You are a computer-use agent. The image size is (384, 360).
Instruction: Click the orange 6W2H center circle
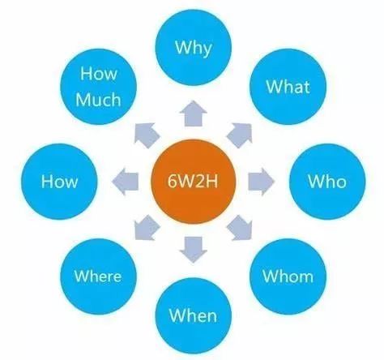pos(193,182)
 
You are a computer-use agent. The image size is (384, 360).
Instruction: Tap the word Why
pos(193,48)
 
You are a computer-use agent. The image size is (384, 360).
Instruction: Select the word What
pos(288,87)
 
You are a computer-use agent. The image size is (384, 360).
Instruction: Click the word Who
pos(327,181)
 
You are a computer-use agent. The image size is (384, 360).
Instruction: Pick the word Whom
pos(288,276)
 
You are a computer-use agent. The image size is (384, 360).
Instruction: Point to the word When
pos(193,315)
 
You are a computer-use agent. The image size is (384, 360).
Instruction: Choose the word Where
pos(98,276)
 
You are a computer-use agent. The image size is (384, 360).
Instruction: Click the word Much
pos(98,100)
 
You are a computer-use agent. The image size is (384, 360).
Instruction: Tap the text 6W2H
pos(193,181)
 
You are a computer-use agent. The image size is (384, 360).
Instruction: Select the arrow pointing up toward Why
pos(194,114)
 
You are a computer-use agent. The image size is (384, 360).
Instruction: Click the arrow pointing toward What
pos(240,135)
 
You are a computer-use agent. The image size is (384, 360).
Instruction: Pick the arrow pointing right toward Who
pos(261,182)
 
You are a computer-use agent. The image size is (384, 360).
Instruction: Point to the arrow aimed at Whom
pos(240,228)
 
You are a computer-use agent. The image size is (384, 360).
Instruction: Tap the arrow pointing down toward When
pos(194,250)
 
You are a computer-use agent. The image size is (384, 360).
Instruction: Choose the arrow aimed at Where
pos(147,228)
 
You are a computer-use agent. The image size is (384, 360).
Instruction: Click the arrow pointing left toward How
pos(125,182)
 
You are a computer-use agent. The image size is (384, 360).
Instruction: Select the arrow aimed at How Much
pos(147,135)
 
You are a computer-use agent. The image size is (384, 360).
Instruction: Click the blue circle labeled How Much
pos(98,87)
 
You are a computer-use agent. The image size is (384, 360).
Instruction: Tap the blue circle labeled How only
pos(59,182)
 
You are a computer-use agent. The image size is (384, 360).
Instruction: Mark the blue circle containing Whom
pos(288,276)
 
